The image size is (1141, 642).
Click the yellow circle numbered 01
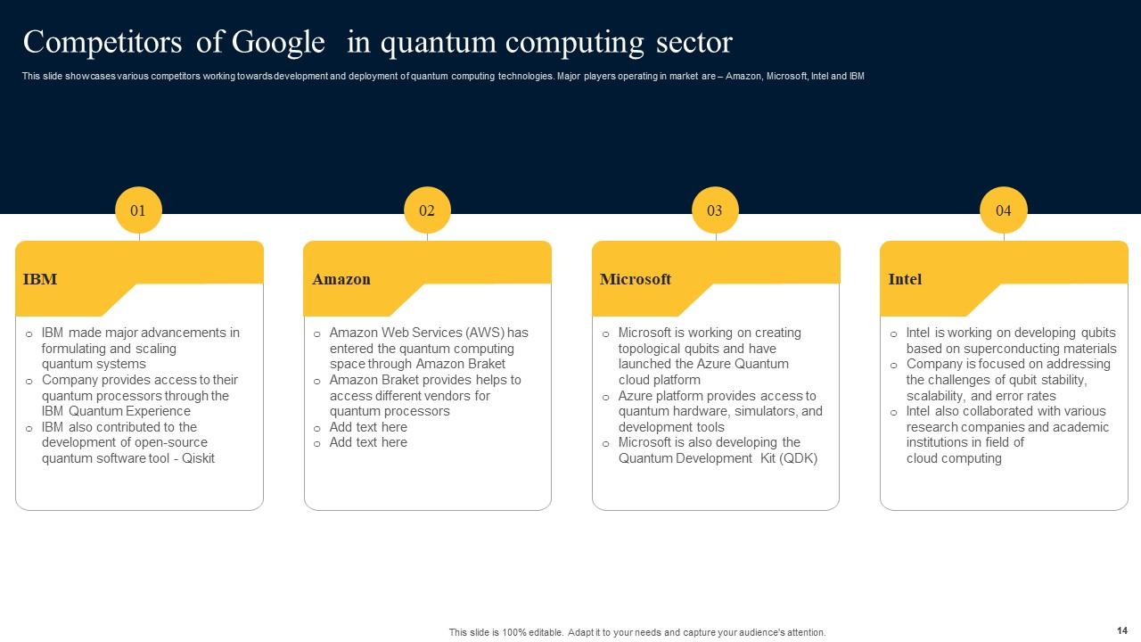[x=138, y=211]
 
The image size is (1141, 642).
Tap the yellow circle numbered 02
[x=427, y=211]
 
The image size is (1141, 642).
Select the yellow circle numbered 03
[x=715, y=211]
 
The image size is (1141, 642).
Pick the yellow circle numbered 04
[x=1004, y=211]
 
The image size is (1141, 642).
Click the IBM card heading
[x=40, y=279]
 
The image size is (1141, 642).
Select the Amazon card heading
[x=341, y=279]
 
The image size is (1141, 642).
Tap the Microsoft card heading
[x=636, y=279]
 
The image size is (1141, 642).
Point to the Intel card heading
[x=905, y=279]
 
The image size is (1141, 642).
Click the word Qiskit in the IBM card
[x=197, y=458]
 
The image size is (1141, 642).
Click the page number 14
[x=1121, y=630]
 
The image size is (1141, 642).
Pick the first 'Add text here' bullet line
[x=368, y=427]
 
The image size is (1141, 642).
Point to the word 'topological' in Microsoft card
[x=653, y=349]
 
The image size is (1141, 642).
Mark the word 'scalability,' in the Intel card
[x=937, y=396]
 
